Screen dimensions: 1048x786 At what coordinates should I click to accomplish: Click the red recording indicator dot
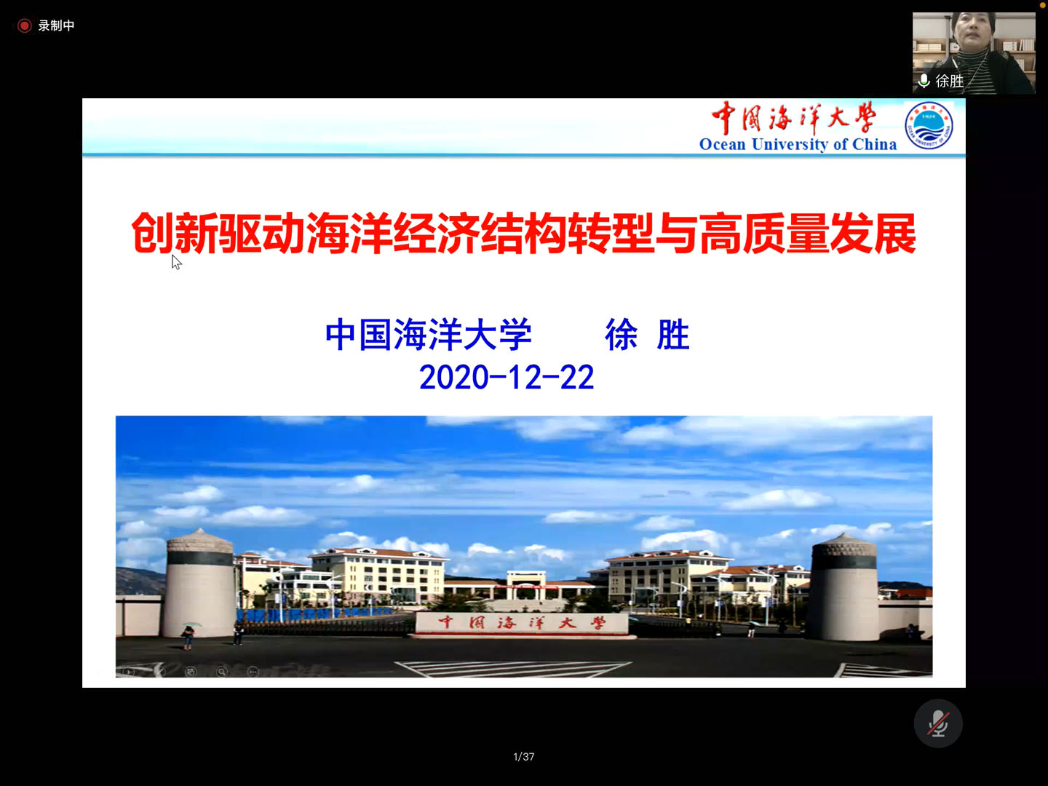[24, 25]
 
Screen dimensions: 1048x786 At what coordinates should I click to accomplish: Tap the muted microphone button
[937, 723]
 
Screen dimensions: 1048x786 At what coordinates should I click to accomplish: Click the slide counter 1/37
[524, 756]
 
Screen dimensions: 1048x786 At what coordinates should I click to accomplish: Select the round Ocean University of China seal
[929, 125]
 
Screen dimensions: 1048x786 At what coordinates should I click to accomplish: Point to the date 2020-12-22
[507, 377]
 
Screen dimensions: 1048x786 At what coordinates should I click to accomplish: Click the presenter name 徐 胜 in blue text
[647, 335]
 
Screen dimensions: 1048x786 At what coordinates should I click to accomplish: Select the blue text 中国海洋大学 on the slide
[428, 335]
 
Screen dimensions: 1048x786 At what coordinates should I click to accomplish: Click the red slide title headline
[524, 233]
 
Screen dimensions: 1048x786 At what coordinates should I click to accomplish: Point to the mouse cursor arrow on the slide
[176, 262]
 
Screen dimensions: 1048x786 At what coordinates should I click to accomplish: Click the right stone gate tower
[844, 587]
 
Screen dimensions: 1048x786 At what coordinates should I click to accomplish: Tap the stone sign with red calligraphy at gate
[523, 624]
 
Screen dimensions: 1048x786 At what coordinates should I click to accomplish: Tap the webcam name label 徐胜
[949, 81]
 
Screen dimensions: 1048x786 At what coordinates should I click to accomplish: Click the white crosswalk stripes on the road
[513, 669]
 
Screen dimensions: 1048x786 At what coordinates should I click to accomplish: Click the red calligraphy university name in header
[794, 118]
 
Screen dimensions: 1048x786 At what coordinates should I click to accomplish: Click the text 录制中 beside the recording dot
[56, 25]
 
